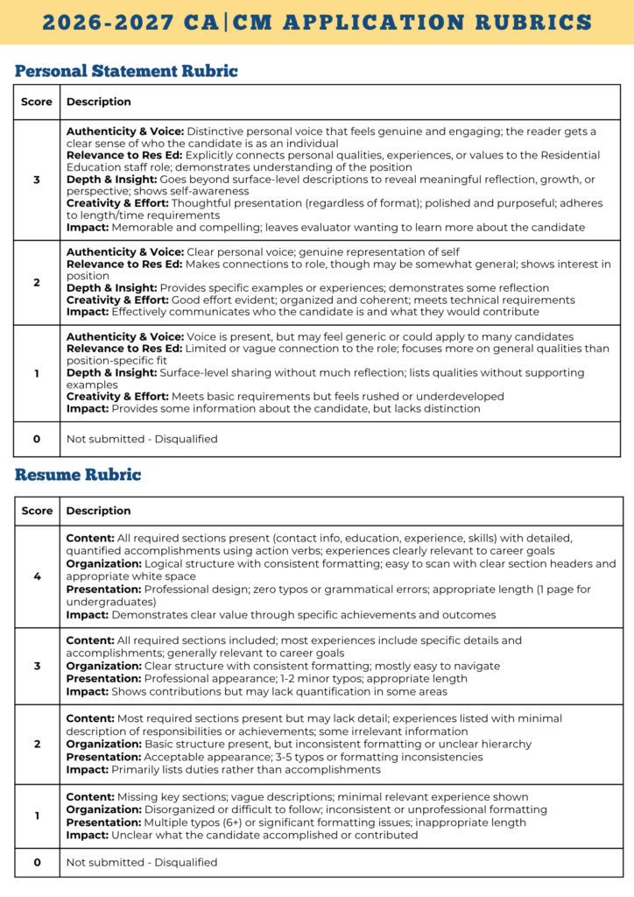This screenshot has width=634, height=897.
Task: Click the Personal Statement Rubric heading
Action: (x=126, y=71)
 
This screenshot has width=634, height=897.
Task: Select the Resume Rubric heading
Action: (x=78, y=475)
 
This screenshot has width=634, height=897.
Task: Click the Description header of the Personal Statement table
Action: (x=99, y=102)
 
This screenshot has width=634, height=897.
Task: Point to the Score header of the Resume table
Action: (x=37, y=510)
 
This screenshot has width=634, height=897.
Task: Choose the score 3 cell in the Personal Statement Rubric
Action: (x=37, y=180)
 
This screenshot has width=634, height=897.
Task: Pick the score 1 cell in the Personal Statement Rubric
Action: (x=37, y=373)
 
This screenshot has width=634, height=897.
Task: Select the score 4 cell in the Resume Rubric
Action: (x=37, y=576)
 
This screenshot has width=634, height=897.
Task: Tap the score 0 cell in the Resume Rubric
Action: (x=37, y=862)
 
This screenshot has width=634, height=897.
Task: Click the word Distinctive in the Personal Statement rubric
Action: (x=218, y=131)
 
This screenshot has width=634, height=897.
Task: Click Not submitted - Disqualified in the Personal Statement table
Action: (x=142, y=439)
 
